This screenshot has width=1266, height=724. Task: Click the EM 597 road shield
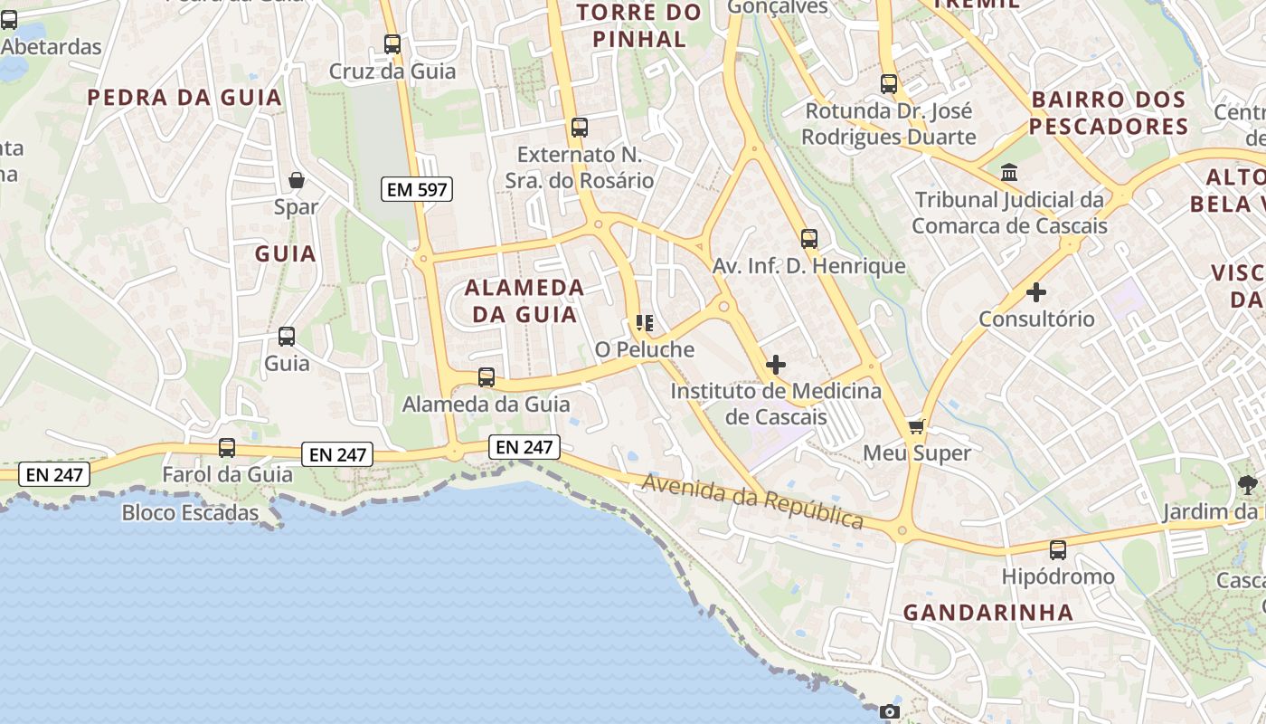(x=417, y=189)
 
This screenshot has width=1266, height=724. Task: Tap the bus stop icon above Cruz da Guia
(x=392, y=43)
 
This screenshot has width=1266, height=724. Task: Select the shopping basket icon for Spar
(x=297, y=180)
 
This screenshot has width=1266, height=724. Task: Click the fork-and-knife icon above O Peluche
(x=645, y=322)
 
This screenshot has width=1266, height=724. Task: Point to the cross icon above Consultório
(x=1036, y=292)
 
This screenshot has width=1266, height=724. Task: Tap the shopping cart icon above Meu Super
(x=917, y=426)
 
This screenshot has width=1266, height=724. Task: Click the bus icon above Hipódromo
(x=1057, y=549)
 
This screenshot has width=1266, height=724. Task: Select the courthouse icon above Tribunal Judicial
(x=1009, y=172)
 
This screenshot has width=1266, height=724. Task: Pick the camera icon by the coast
(x=890, y=712)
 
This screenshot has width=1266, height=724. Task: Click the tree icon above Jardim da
(x=1248, y=485)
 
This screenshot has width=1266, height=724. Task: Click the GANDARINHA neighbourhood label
(x=988, y=613)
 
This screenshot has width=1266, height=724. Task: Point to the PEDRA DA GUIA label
(x=185, y=98)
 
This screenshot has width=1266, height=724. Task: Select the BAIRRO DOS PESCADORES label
(x=1108, y=112)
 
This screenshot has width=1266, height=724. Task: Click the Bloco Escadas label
(x=190, y=513)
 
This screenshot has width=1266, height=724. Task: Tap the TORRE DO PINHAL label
(x=639, y=25)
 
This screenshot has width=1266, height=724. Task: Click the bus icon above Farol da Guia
(x=227, y=448)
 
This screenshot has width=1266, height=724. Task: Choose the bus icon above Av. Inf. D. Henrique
(x=809, y=239)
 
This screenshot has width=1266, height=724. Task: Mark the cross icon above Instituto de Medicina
(x=776, y=365)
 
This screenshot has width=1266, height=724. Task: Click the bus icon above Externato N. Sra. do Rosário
(x=580, y=128)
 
